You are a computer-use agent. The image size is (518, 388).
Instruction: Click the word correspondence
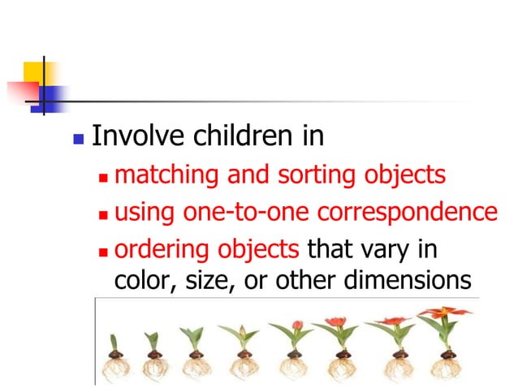pyautogui.click(x=407, y=213)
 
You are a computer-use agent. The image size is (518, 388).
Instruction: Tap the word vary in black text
pyautogui.click(x=391, y=249)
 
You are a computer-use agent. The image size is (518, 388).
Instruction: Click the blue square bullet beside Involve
pyautogui.click(x=78, y=138)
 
